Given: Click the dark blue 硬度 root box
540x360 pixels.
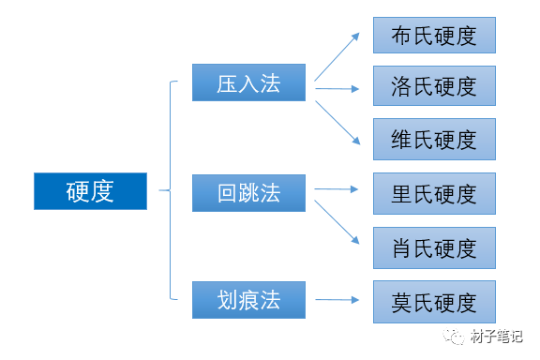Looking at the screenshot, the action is pos(90,191).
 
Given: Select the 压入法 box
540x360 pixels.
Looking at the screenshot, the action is pos(248,82).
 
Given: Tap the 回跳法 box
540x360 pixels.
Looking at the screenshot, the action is pos(248,193).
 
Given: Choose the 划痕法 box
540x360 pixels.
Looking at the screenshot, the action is pos(248,300).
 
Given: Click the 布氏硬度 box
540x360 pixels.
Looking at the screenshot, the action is pos(434,35).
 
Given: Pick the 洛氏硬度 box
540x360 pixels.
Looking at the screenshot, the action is pos(434,85).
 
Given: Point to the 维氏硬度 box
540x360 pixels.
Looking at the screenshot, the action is pos(434,139).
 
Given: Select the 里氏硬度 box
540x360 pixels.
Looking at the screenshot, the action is pos(434,194).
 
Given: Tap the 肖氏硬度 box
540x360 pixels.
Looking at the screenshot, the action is pos(434,247).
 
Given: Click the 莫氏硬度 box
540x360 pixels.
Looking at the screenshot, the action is pos(434,302).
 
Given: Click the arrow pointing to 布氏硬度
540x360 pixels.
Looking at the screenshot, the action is pos(337,57).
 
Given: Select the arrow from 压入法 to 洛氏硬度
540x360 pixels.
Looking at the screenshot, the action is pos(337,89).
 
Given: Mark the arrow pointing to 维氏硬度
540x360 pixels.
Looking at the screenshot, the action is pos(337,123).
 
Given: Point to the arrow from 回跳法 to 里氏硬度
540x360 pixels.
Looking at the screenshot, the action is pos(337,189).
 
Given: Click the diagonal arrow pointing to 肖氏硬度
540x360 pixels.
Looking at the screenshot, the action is pos(337,222).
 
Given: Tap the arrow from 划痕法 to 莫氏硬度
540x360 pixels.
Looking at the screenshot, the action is pos(337,300).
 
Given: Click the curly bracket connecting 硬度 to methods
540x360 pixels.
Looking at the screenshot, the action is pos(171,190).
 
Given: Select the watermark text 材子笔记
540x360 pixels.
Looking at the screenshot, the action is pos(497,337).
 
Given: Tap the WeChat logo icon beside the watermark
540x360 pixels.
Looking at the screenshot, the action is pos(454,337).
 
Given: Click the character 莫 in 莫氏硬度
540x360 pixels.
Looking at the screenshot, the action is pos(402,303).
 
